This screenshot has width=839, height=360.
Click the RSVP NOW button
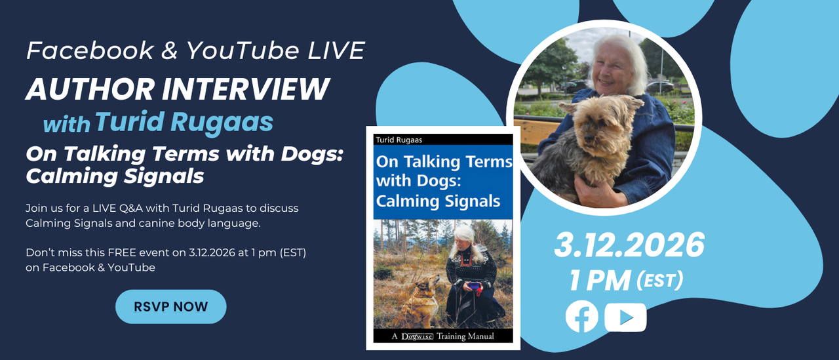171,306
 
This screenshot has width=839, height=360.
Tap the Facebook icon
581,316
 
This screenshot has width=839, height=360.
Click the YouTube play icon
625,317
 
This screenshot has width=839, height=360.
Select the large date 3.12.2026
629,245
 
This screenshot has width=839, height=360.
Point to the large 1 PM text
600,281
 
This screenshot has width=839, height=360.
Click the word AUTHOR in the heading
90,89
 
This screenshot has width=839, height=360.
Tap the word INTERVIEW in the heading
246,89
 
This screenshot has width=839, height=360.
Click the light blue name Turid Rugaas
184,122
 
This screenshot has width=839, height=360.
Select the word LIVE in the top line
336,50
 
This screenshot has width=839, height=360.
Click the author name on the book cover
399,140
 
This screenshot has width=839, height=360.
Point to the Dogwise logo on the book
417,336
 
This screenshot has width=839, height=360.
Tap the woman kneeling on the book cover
471,277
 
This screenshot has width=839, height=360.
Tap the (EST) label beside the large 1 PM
660,281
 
